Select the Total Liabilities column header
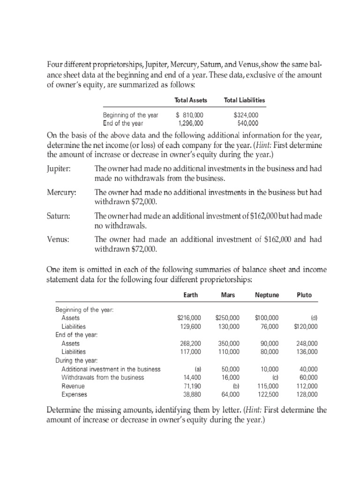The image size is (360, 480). pyautogui.click(x=245, y=100)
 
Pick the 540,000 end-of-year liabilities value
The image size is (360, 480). pyautogui.click(x=248, y=123)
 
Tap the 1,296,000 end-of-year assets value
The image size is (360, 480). pyautogui.click(x=191, y=123)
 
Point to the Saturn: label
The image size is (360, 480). pyautogui.click(x=59, y=216)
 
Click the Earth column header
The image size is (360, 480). pyautogui.click(x=191, y=295)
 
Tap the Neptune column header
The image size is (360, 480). pyautogui.click(x=267, y=295)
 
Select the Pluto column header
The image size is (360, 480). pyautogui.click(x=304, y=295)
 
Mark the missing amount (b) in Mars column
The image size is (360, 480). pyautogui.click(x=236, y=386)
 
